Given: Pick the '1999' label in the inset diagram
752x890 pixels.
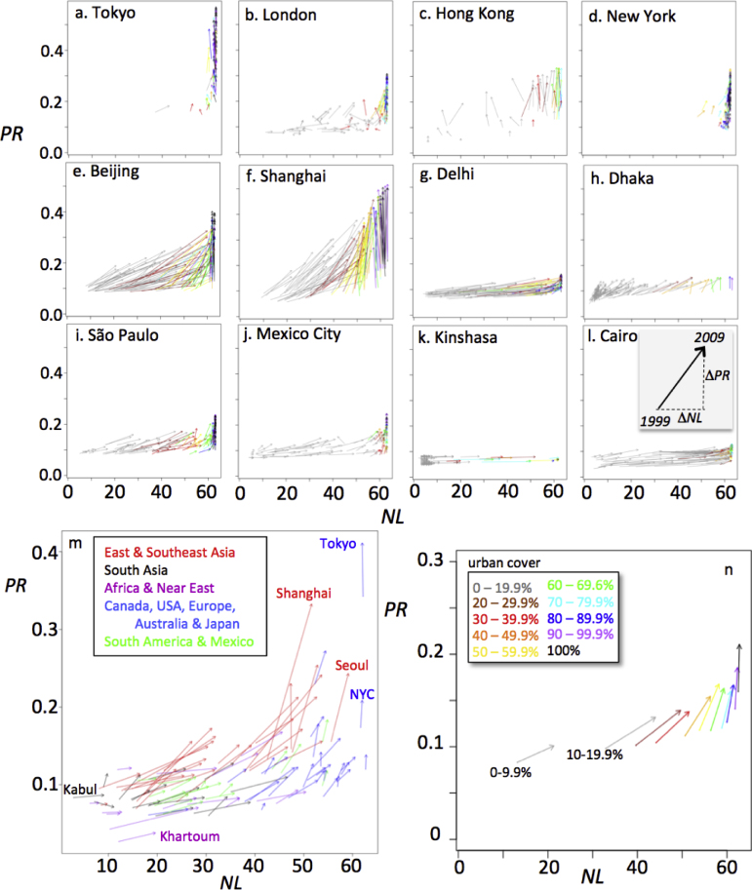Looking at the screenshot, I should [x=660, y=419].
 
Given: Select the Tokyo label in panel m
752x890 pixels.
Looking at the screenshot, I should [x=339, y=543].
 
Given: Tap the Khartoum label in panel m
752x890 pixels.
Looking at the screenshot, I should [x=189, y=835].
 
